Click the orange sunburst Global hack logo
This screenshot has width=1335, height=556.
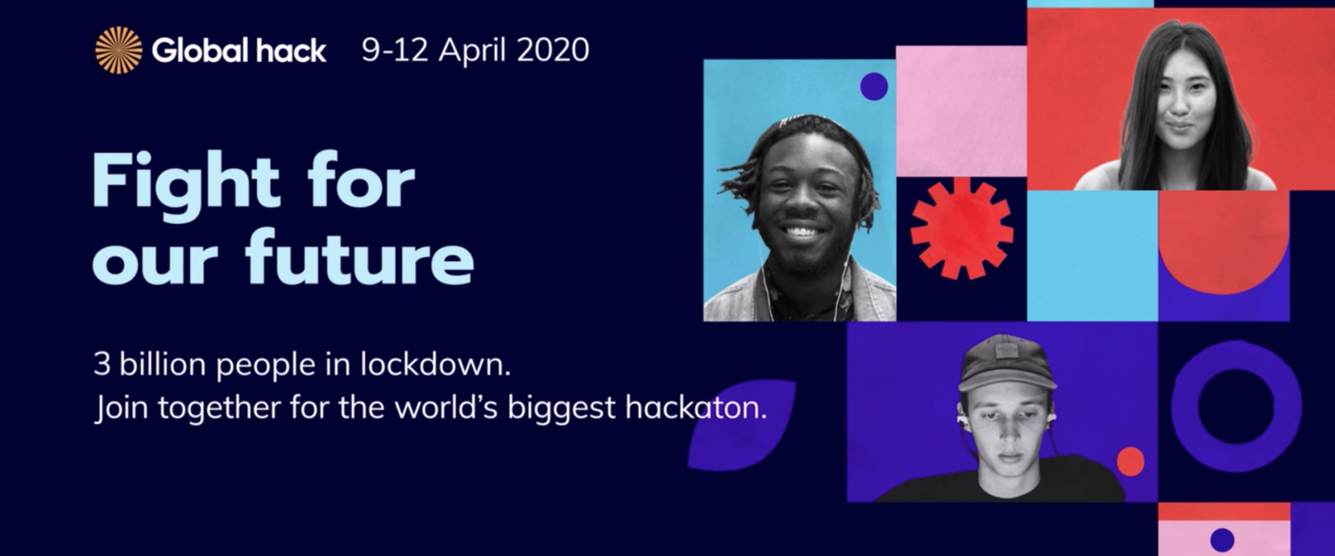point(119,50)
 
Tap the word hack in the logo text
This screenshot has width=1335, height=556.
point(291,50)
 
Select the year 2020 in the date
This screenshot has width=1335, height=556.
point(553,49)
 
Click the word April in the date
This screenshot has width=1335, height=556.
point(473,51)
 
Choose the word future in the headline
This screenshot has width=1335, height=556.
point(360,258)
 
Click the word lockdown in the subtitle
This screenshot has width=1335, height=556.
point(435,363)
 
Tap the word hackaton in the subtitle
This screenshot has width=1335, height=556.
point(695,407)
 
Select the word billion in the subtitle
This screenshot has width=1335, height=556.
point(163,363)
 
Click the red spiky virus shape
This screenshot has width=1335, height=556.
point(961,229)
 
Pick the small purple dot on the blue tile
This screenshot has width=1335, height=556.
point(873,86)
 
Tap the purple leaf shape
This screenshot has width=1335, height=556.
point(742,424)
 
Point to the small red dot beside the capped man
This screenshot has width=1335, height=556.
point(1131,461)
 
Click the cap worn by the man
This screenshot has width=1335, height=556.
point(1007,361)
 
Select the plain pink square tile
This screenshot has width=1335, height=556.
point(961,111)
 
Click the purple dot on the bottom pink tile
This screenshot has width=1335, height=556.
point(1222,540)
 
